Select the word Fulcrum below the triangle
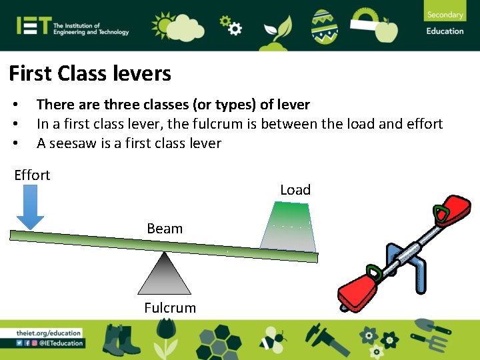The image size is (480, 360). tap(170, 308)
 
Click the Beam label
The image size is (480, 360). tap(165, 229)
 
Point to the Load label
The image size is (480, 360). tap(295, 190)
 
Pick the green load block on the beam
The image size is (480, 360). tap(288, 227)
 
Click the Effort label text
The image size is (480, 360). tap(32, 175)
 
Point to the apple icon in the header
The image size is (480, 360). tap(386, 29)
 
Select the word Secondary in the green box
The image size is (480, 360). tap(445, 15)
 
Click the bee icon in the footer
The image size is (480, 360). tap(271, 339)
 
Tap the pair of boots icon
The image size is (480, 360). tap(122, 339)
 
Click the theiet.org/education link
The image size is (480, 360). tap(49, 333)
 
